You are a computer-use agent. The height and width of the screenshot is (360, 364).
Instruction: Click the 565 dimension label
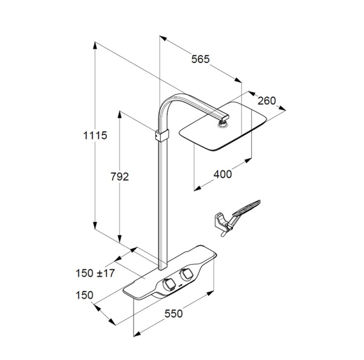click(200, 59)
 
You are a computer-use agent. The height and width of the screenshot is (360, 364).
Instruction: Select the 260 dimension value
click(267, 101)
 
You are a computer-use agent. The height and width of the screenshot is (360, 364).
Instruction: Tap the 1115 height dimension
click(95, 135)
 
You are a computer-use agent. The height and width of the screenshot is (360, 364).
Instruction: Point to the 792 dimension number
click(120, 177)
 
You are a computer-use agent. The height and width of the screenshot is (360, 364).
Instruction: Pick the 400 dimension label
click(223, 174)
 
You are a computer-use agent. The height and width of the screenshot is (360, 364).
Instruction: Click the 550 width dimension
click(174, 313)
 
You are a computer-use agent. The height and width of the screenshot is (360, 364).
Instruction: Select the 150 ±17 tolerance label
click(95, 273)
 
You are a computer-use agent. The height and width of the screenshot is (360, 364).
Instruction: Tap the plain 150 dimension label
click(84, 295)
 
